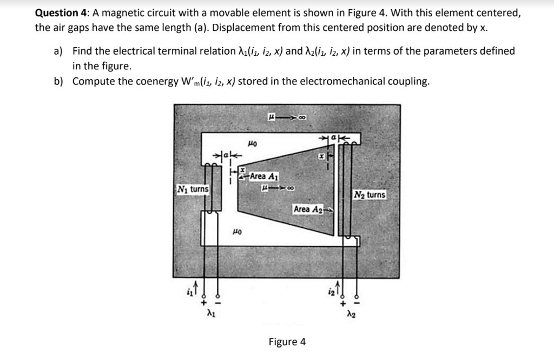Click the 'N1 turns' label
193,189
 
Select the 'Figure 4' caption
287,342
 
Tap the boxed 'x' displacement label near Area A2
321,156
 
